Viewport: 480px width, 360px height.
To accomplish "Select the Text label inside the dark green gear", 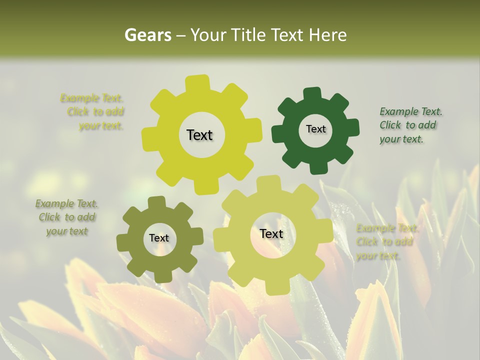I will tap(315, 129).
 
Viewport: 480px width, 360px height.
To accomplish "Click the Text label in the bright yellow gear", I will tap(199, 135).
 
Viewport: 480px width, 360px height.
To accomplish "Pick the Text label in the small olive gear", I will tap(159, 238).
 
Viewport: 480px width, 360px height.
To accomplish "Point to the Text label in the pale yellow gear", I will tap(271, 233).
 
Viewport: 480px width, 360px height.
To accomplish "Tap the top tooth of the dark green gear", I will tap(312, 93).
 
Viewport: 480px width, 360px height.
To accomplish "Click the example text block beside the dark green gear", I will tap(410, 125).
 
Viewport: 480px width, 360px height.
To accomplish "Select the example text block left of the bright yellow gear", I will tap(95, 111).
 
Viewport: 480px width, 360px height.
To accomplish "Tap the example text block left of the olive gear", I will tap(66, 217).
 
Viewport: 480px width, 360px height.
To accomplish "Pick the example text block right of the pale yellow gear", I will tap(387, 242).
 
